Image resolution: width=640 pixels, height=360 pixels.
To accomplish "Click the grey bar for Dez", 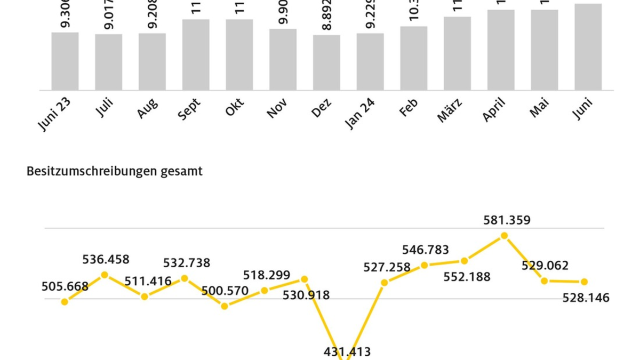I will (x=326, y=62).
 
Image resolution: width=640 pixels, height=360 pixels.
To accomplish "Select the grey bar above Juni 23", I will (x=65, y=61).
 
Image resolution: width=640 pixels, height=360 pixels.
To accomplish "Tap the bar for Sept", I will (x=196, y=54).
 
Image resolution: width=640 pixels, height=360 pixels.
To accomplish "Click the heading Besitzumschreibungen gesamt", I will (x=115, y=172).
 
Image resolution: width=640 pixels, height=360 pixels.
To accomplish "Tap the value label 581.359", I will (x=507, y=220).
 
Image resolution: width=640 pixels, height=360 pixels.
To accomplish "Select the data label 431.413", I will (x=347, y=351).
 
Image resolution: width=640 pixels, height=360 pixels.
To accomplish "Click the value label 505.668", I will (x=65, y=286).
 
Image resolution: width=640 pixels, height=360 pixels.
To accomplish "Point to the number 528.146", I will (x=586, y=298).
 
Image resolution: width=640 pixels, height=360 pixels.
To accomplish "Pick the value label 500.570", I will (x=225, y=291).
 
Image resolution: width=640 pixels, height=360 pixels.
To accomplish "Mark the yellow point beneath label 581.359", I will (x=505, y=235).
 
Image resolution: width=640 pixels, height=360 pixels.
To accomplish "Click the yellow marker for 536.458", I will (x=105, y=275).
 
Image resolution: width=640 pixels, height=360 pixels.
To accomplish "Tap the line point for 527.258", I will (x=385, y=282).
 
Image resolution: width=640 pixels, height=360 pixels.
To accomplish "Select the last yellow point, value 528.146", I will (x=585, y=282).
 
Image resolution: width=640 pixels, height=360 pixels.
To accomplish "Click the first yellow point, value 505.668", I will (x=65, y=302).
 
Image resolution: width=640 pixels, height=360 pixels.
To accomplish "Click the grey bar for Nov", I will (x=283, y=59).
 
